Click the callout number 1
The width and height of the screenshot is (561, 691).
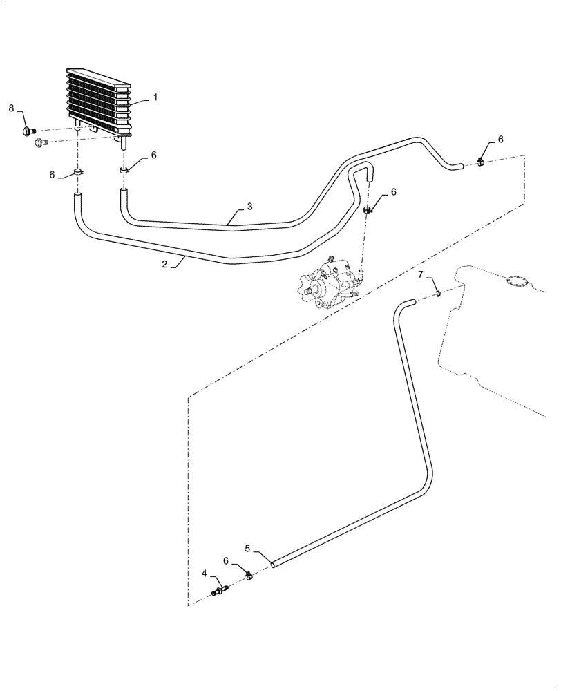155,97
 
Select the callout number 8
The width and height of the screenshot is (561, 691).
11,108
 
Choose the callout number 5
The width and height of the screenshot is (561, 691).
247,549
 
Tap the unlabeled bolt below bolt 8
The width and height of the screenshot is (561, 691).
41,143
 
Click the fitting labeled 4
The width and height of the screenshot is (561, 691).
219,590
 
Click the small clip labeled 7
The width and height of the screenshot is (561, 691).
439,295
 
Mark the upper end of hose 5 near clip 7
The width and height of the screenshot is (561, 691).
409,301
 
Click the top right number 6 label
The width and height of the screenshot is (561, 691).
500,139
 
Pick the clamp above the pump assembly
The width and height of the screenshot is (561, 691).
369,210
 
